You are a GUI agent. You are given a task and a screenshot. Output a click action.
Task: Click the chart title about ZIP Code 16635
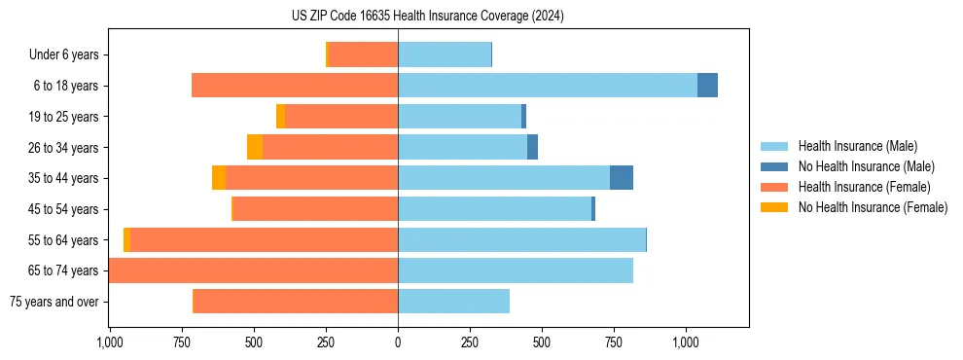coord(427,17)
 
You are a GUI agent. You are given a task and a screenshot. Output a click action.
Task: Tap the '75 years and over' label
coord(54,302)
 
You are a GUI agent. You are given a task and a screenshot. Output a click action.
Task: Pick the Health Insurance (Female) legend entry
coord(864,187)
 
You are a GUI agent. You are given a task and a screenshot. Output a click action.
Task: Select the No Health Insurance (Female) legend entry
coord(873,207)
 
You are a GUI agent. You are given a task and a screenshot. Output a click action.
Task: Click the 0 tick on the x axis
coord(398,342)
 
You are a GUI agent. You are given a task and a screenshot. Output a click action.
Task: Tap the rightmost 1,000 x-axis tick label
coord(686,342)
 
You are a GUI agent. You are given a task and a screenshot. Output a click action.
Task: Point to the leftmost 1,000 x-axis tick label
coord(109,342)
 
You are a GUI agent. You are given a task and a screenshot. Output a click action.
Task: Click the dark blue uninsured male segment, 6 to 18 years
coord(707,86)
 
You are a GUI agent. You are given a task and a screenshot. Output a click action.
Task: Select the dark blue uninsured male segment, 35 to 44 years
coord(622,178)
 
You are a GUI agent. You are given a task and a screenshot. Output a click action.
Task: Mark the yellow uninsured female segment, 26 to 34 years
coord(255,147)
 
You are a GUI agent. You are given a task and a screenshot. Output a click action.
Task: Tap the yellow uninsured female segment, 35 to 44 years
coord(219,178)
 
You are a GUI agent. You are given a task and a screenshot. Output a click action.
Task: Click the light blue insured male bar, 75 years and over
coord(453,302)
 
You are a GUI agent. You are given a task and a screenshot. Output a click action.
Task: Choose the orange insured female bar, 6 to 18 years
coord(295,86)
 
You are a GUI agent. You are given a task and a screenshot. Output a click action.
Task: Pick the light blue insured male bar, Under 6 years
coord(445,55)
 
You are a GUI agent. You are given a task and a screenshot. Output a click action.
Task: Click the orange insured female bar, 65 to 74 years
coord(253,270)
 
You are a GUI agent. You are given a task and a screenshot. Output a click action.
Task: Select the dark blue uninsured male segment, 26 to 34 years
coord(532,147)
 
